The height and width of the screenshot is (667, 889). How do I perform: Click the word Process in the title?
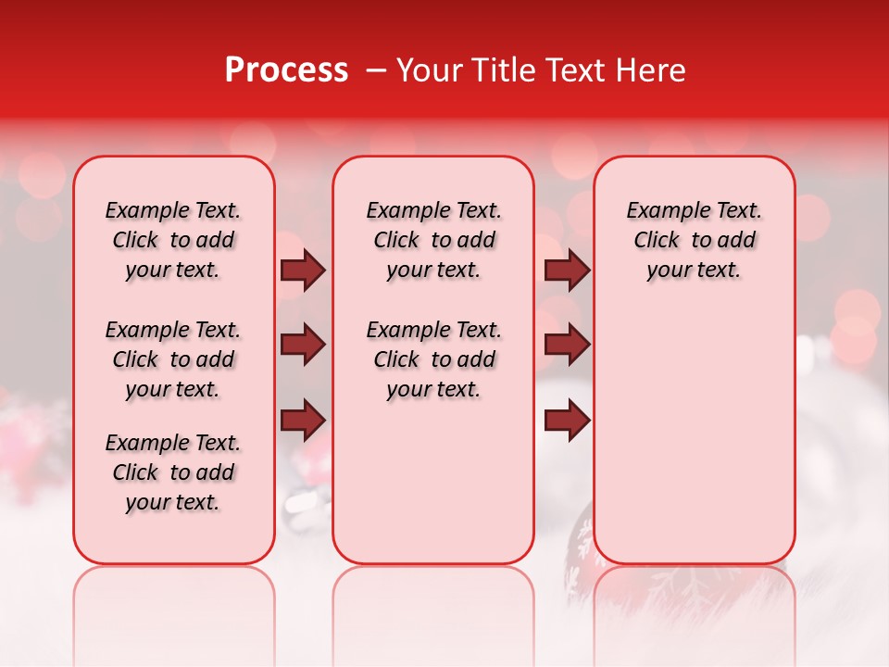(x=286, y=70)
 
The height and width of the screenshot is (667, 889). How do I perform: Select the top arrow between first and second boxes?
(x=303, y=271)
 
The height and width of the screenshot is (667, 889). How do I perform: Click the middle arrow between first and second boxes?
(x=303, y=346)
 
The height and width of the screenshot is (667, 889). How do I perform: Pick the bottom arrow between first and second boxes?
(x=303, y=421)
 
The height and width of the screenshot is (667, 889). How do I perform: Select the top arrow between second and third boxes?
(x=567, y=271)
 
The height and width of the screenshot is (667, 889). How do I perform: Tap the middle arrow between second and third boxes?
(x=567, y=346)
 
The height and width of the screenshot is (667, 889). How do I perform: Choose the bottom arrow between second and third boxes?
(x=567, y=421)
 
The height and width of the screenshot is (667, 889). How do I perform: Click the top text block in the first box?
(x=173, y=240)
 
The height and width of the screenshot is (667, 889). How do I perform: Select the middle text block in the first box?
(x=173, y=359)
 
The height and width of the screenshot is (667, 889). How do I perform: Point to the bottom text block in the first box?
(x=173, y=472)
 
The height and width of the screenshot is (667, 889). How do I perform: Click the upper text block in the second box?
(x=433, y=240)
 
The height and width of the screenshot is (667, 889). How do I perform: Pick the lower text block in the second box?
(x=433, y=359)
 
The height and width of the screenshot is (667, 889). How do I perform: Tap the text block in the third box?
(x=694, y=240)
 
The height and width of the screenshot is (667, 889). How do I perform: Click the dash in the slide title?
(x=376, y=70)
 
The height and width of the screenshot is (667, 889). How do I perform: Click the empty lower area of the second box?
(x=433, y=482)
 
